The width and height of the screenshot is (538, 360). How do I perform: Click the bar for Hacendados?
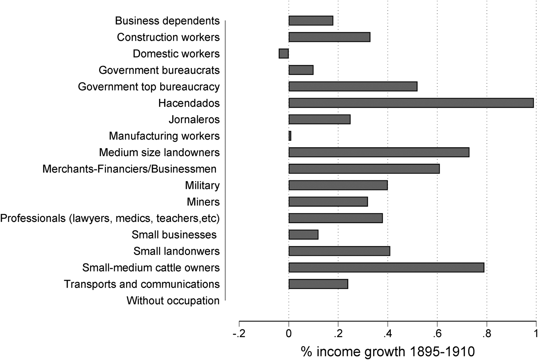click(411, 103)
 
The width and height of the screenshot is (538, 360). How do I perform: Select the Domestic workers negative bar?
click(284, 53)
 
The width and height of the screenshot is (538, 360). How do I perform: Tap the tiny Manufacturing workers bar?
click(290, 136)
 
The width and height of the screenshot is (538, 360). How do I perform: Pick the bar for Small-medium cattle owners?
click(386, 268)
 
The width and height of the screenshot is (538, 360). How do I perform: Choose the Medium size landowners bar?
click(379, 152)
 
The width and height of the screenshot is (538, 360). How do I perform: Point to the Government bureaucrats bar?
click(301, 70)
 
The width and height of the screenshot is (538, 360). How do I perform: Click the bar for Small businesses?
click(303, 235)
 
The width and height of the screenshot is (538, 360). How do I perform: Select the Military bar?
click(338, 185)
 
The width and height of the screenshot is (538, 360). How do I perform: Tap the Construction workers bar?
click(329, 37)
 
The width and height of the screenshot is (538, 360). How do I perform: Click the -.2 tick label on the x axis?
click(239, 333)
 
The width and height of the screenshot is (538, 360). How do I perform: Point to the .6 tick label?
click(437, 333)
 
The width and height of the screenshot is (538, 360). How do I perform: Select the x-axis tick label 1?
click(535, 333)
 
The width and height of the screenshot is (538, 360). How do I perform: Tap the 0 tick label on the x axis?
click(289, 333)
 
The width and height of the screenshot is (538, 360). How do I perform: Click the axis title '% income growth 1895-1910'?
click(388, 352)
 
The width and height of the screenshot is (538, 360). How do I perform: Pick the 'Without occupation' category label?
click(173, 301)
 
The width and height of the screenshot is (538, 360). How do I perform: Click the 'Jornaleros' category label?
click(194, 120)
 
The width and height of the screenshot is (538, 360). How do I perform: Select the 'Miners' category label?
click(203, 202)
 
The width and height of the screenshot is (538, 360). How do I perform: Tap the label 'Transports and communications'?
click(142, 284)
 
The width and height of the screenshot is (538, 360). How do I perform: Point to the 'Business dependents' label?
click(167, 21)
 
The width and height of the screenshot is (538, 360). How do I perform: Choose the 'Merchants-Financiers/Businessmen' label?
click(130, 169)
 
